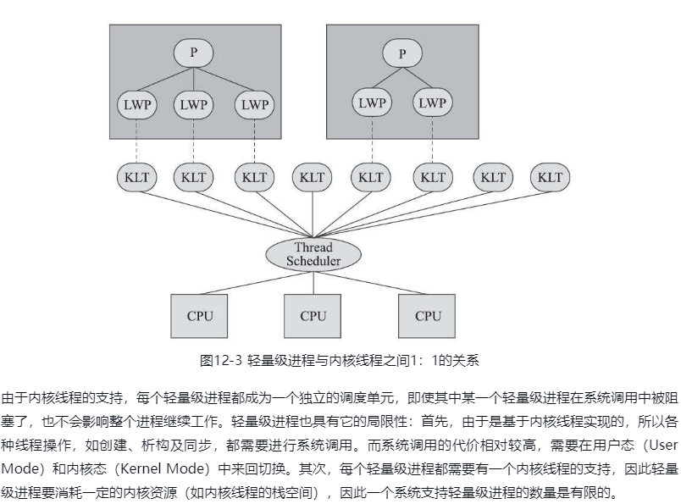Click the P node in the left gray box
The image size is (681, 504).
[x=194, y=53]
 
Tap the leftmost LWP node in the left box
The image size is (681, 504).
[x=136, y=105]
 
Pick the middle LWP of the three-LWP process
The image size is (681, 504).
[x=194, y=105]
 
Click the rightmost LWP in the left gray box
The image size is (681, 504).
[x=253, y=105]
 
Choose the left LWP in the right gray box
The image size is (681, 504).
[x=371, y=103]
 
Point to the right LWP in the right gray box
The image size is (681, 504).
[x=432, y=103]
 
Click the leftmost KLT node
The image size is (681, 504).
[x=136, y=178]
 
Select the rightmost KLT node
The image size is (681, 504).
[x=550, y=178]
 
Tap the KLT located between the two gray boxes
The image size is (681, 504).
[x=313, y=178]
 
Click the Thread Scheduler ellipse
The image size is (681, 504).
[x=313, y=254]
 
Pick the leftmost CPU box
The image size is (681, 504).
[x=200, y=316]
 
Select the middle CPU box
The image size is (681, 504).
[x=313, y=316]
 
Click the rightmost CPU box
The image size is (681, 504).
[x=428, y=316]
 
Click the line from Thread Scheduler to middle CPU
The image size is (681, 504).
[x=313, y=282]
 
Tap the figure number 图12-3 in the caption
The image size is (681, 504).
[x=221, y=360]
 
